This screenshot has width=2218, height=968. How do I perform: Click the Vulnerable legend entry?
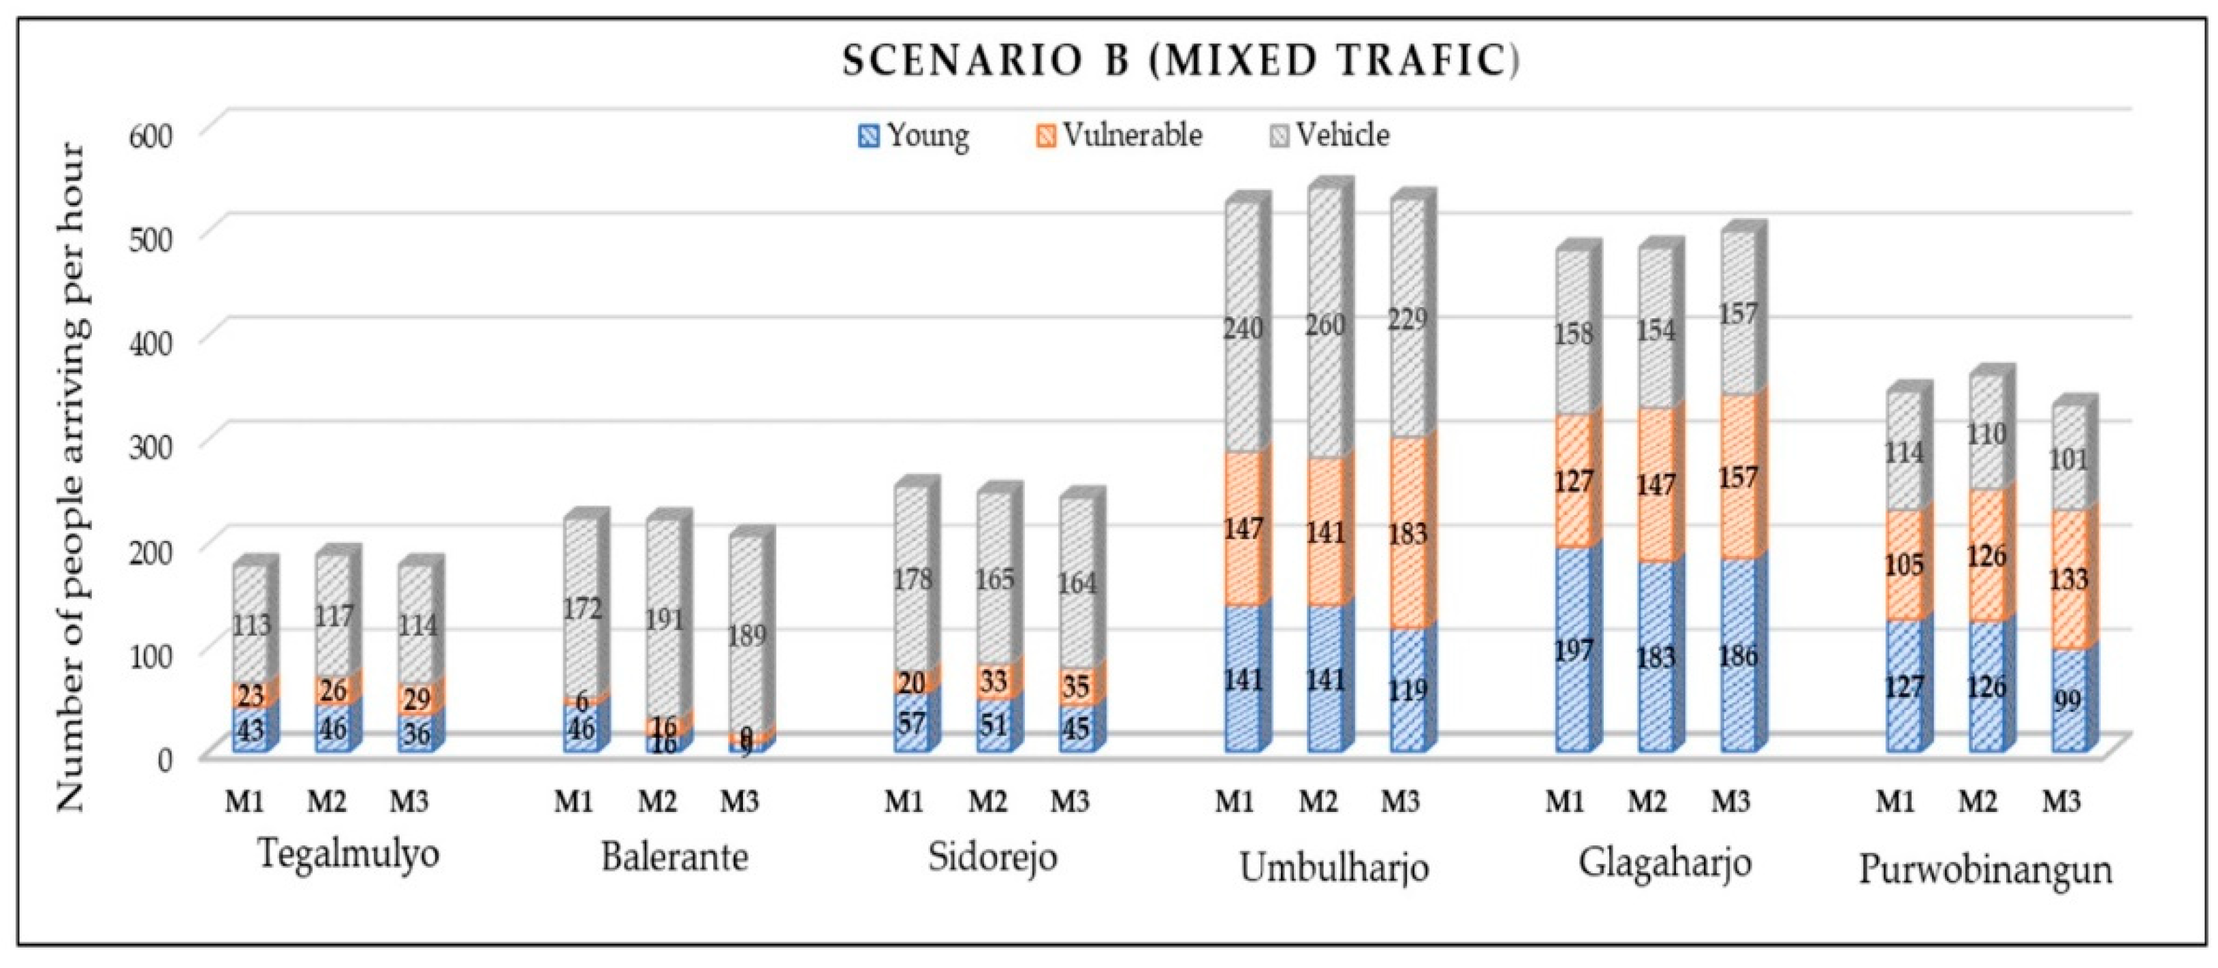[x=1120, y=135]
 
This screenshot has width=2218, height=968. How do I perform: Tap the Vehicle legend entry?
[x=1330, y=135]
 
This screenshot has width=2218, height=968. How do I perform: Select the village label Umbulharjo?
[x=1333, y=867]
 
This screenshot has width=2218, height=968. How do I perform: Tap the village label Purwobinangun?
[x=1984, y=869]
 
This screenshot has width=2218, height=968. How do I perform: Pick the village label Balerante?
[x=674, y=858]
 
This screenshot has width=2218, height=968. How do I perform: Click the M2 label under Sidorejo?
[x=987, y=802]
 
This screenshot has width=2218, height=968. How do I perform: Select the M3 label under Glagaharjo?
[x=1730, y=802]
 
